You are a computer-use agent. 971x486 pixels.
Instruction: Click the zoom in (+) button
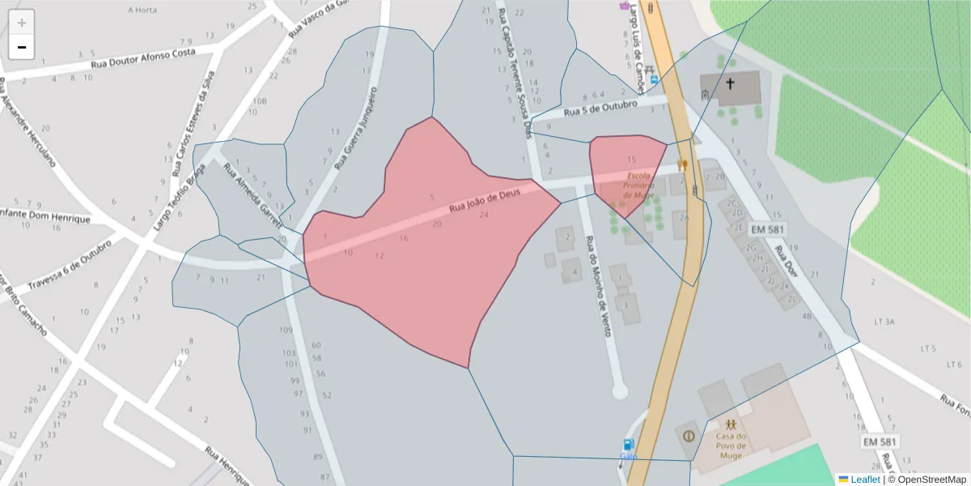[22, 23]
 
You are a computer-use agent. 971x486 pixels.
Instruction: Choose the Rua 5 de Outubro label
[600, 108]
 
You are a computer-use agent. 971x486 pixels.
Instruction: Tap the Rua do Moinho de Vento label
[600, 278]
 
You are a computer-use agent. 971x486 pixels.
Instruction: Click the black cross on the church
[730, 83]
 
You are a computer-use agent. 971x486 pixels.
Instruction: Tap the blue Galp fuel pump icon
[628, 445]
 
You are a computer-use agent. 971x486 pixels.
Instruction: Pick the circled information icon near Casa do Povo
[689, 435]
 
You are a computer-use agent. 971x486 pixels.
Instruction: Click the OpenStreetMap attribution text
[926, 480]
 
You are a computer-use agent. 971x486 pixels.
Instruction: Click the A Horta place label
[142, 11]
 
